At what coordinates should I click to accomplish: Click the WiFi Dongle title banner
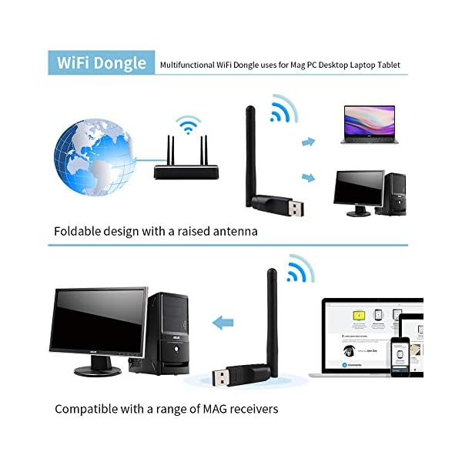(x=101, y=62)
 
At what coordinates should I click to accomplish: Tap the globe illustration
(x=93, y=156)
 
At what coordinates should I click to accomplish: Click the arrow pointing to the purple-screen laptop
(x=309, y=142)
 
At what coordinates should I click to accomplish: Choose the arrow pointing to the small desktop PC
(x=309, y=177)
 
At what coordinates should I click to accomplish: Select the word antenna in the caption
(x=231, y=231)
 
